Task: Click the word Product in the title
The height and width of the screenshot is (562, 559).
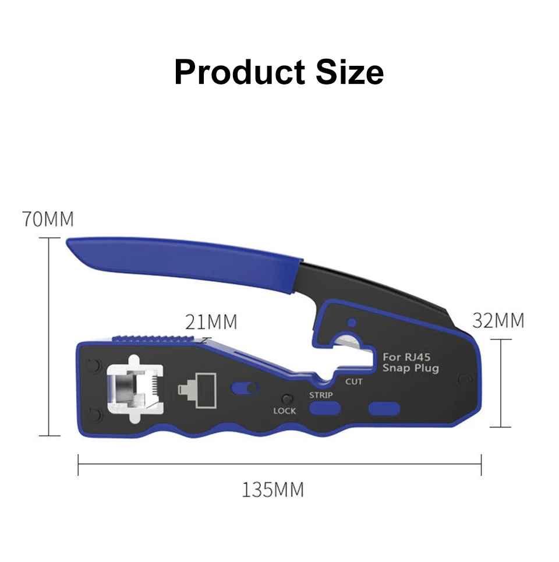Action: pos(239,72)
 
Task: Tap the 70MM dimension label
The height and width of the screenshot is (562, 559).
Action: pos(48,219)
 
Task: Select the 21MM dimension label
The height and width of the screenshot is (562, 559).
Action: pos(211,322)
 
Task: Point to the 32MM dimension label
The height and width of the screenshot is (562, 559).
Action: pos(498,320)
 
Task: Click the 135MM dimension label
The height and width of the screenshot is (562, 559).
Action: pos(273,490)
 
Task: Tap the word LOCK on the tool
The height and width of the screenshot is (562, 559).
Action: pos(285,411)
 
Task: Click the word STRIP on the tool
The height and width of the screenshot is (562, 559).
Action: pos(321,395)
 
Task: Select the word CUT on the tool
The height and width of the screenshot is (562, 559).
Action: pos(353,381)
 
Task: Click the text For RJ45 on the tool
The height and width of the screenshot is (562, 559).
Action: pos(406,357)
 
